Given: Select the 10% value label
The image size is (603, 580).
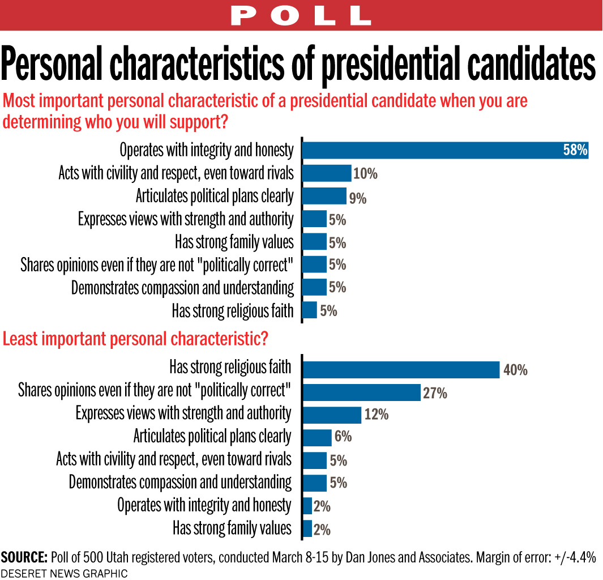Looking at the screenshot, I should [365, 173].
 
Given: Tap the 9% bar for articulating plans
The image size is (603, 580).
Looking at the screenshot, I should [324, 196].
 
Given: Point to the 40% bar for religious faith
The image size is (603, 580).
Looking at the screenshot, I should [401, 370].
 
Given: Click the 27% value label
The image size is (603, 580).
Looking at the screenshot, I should [435, 393].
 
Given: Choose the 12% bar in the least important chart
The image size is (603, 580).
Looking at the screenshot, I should [332, 415].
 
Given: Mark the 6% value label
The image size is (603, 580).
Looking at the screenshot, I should [343, 437].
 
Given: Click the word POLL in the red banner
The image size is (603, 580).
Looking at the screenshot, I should [301, 15].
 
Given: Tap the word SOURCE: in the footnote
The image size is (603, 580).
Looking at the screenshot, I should [24, 557].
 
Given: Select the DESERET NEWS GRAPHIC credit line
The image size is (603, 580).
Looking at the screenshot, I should [64, 573].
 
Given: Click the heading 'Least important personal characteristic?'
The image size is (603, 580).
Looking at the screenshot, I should [135, 339].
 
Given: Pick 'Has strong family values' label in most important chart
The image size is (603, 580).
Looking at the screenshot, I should [234, 242].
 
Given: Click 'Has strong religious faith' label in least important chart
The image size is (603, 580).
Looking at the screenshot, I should [230, 368].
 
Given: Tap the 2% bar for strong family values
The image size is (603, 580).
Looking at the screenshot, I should [307, 528].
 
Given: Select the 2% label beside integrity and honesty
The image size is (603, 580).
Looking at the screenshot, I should [322, 506].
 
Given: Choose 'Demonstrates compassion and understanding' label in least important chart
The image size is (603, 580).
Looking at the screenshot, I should [180, 483].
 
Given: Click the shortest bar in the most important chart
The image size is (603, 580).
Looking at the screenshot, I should [309, 310].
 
